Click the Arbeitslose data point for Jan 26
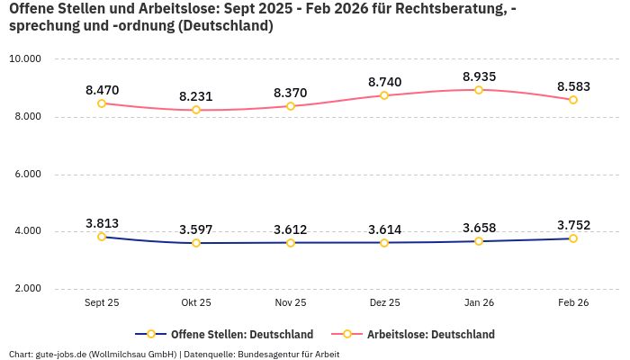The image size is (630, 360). pyautogui.click(x=479, y=90)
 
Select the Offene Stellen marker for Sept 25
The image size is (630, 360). pyautogui.click(x=102, y=237)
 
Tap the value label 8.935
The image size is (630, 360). pyautogui.click(x=479, y=76)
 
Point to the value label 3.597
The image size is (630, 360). pyautogui.click(x=195, y=229)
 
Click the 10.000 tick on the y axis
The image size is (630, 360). pyautogui.click(x=25, y=59)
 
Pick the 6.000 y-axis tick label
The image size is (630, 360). pyautogui.click(x=25, y=175)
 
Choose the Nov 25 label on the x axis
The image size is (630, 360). pyautogui.click(x=290, y=303)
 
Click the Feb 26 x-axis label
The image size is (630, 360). pyautogui.click(x=572, y=303)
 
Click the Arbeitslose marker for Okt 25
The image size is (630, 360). pyautogui.click(x=195, y=110)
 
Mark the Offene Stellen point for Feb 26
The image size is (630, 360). pyautogui.click(x=572, y=238)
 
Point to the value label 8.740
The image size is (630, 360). pyautogui.click(x=384, y=82)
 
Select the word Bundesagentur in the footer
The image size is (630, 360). pyautogui.click(x=271, y=354)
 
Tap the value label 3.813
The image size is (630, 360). pyautogui.click(x=102, y=223)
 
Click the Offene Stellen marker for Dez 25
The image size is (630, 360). pyautogui.click(x=384, y=242)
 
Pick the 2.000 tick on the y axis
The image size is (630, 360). pyautogui.click(x=25, y=289)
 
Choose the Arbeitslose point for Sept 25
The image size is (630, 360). pyautogui.click(x=102, y=103)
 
